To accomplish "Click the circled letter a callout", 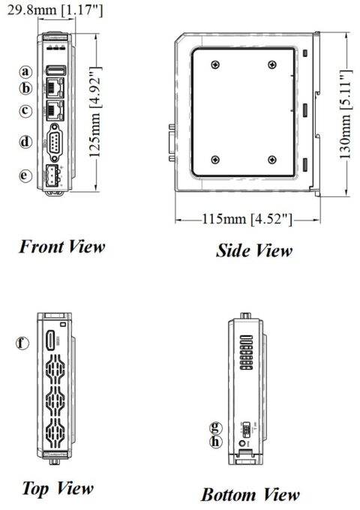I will (26, 71).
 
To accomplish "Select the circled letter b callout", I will (26, 88).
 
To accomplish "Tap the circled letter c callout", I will (26, 111).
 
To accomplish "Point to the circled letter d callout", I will (26, 141).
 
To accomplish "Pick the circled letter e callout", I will (26, 175).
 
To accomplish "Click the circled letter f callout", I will (25, 343).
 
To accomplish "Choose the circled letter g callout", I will (216, 428).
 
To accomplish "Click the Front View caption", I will (61, 246).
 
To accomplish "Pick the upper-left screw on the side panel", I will (215, 63).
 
